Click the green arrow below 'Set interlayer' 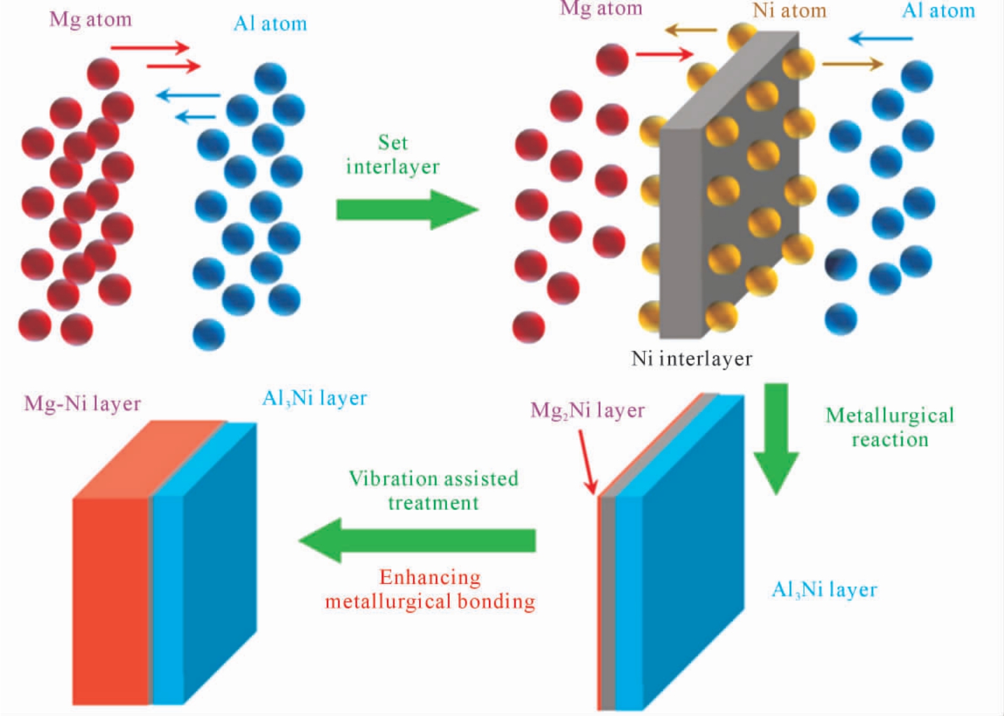coord(407,209)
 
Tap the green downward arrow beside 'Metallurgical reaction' coord(776,439)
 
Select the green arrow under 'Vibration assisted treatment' coord(417,540)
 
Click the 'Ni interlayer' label coord(692,359)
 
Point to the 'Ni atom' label coord(790,10)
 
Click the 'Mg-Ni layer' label coord(82,404)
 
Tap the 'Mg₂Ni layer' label coord(588,411)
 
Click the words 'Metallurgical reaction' coord(890,428)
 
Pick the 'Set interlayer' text coord(393,155)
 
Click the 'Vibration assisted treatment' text coord(433,490)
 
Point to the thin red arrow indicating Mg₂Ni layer coord(588,462)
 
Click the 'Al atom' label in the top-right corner coord(939,11)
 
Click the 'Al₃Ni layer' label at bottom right coord(824,590)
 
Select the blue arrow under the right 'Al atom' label coord(880,39)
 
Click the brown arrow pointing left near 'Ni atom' coord(691,31)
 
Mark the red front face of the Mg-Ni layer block coord(110,601)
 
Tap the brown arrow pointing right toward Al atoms coord(852,64)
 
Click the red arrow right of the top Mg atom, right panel coord(665,55)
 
